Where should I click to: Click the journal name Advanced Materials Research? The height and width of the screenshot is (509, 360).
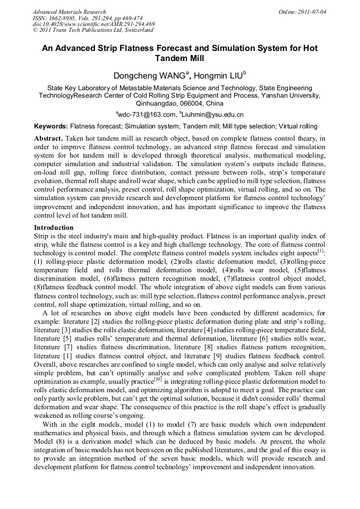pyautogui.click(x=69, y=12)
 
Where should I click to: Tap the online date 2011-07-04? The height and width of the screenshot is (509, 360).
pyautogui.click(x=313, y=12)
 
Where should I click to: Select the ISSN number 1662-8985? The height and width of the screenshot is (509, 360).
pyautogui.click(x=63, y=18)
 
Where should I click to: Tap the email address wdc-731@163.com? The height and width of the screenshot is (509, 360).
pyautogui.click(x=147, y=114)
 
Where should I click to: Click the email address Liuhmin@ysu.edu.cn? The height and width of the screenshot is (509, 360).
pyautogui.click(x=213, y=114)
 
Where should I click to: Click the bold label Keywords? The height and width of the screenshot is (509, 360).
pyautogui.click(x=50, y=127)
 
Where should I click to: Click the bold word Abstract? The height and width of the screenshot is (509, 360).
pyautogui.click(x=48, y=138)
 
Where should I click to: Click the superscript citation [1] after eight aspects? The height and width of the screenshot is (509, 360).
pyautogui.click(x=321, y=251)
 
